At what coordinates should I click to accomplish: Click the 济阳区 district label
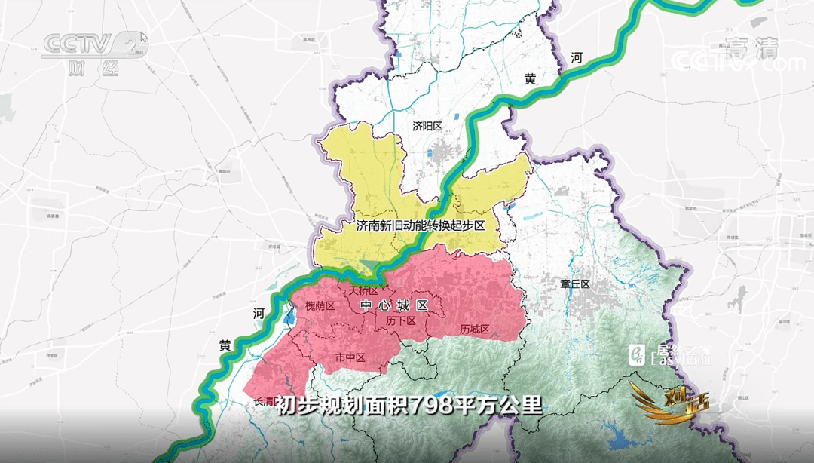click(x=429, y=126)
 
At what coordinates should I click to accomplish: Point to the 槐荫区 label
click(x=319, y=306)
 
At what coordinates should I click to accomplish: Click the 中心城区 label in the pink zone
click(x=394, y=305)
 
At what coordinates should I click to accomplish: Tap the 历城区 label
click(x=475, y=330)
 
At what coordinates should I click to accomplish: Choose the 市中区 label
click(x=349, y=357)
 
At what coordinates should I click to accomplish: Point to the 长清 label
click(x=264, y=401)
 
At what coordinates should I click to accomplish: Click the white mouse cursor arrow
click(x=144, y=38)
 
